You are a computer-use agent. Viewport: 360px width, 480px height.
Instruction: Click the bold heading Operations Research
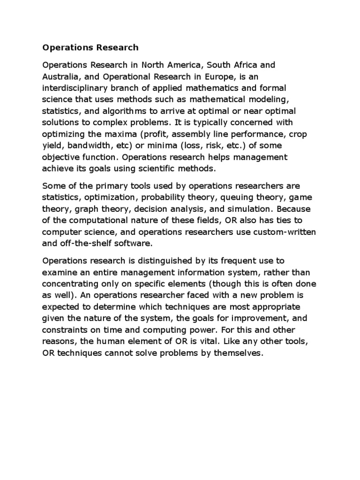point(90,47)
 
